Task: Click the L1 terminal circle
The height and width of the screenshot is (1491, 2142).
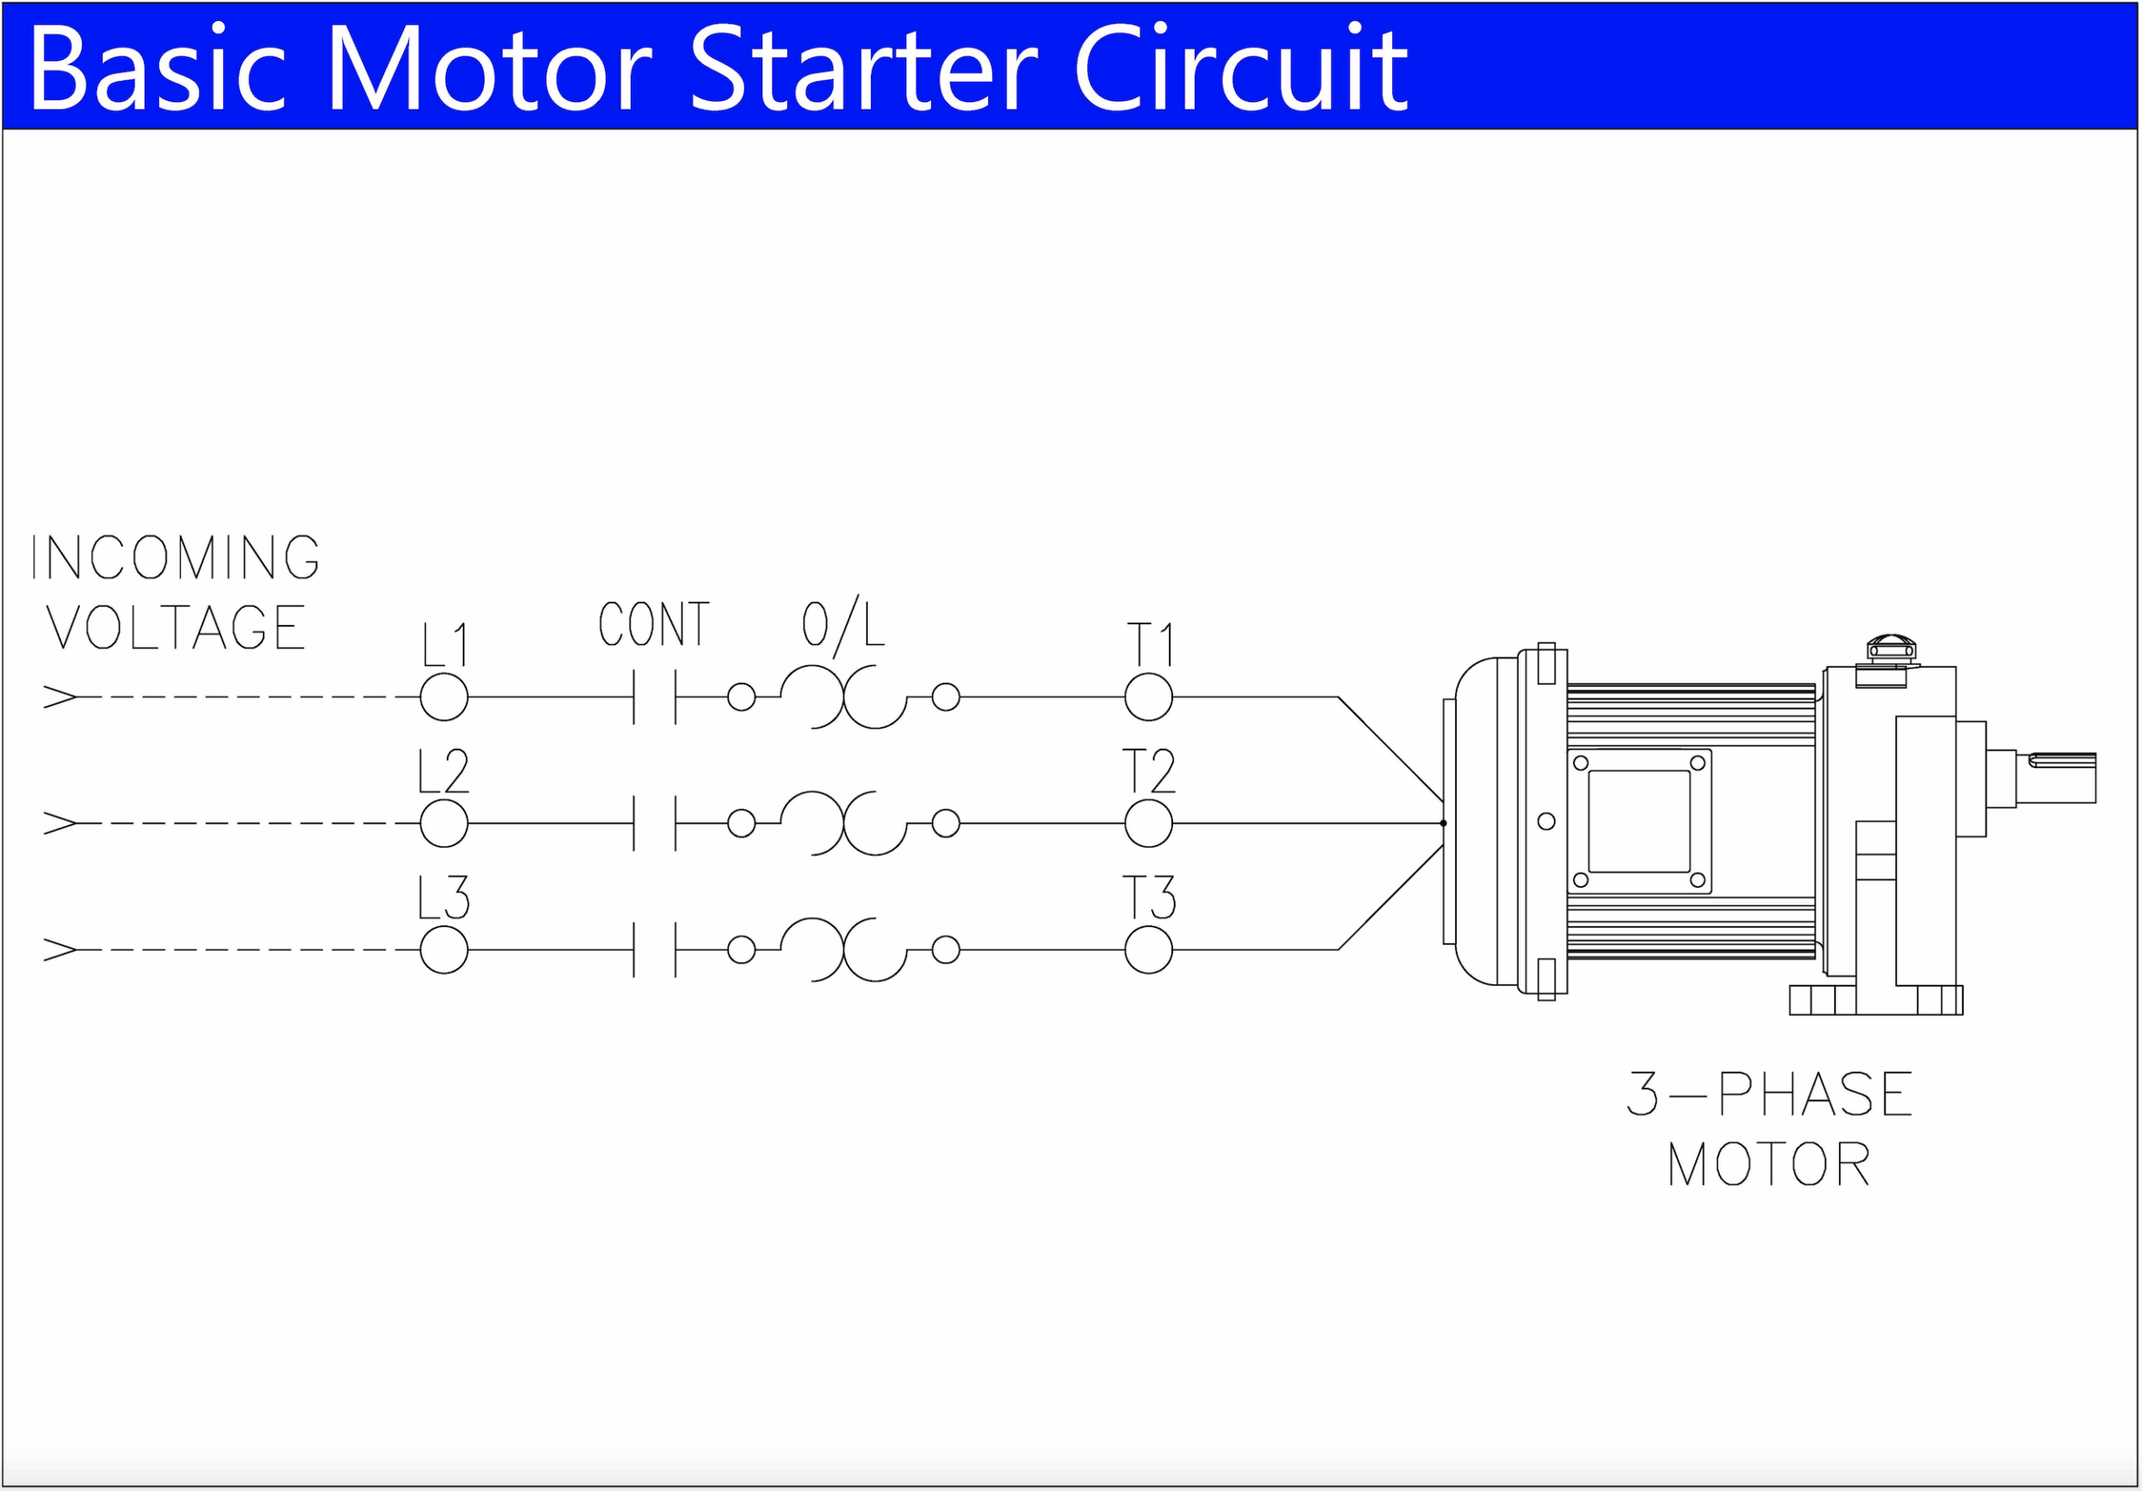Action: click(x=444, y=697)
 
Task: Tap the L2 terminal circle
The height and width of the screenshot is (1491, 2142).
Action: click(x=444, y=823)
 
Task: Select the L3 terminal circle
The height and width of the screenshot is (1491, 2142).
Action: click(x=444, y=950)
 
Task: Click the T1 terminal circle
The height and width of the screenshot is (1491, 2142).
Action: click(x=1149, y=697)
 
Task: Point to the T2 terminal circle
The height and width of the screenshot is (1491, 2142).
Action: click(x=1149, y=823)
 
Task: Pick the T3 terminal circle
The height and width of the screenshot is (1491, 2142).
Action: click(x=1149, y=950)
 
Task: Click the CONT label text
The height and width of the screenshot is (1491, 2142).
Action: click(x=654, y=624)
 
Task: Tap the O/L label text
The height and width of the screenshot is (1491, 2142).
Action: click(x=843, y=625)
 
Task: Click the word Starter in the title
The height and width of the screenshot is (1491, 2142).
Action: click(x=863, y=69)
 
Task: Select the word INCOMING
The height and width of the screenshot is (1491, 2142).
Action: click(x=176, y=558)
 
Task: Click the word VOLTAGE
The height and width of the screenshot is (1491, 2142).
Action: click(x=176, y=627)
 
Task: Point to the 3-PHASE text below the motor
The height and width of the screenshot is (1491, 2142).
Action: click(x=1770, y=1094)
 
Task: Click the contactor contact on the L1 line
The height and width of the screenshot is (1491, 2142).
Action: click(x=655, y=697)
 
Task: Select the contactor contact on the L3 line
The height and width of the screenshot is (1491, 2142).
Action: click(x=655, y=950)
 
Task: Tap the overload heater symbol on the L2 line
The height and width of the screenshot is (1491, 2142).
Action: click(x=843, y=823)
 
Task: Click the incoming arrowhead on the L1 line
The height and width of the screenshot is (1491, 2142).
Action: click(x=59, y=697)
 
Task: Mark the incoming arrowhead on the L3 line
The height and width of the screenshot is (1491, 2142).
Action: click(x=59, y=950)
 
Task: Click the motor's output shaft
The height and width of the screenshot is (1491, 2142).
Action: click(x=2062, y=777)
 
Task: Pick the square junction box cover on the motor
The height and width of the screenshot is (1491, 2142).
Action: click(x=1639, y=821)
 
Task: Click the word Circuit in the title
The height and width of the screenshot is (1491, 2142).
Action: click(x=1241, y=69)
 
